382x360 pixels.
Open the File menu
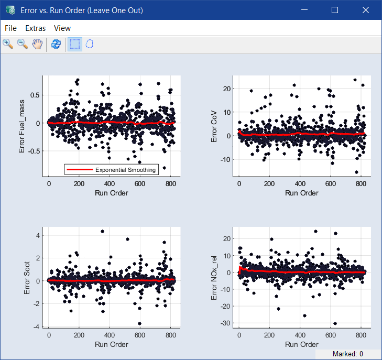(x=10, y=28)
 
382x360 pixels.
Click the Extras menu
(x=35, y=28)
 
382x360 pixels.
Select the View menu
(x=62, y=28)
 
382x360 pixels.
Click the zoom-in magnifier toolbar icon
(x=8, y=44)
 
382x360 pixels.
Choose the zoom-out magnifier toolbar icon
(x=23, y=44)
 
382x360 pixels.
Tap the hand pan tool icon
(x=37, y=44)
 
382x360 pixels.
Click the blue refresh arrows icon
(x=56, y=44)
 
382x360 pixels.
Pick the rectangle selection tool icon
(x=75, y=44)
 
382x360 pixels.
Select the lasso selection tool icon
(x=90, y=44)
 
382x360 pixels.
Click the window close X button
(x=366, y=10)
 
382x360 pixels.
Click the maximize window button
(x=335, y=10)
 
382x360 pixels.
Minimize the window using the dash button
(x=304, y=10)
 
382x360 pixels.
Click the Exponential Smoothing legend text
(x=125, y=169)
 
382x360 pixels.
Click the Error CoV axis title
(x=214, y=127)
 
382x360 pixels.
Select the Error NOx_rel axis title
(x=214, y=277)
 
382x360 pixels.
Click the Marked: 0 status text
(x=348, y=354)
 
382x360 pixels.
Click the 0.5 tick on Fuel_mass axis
(x=34, y=95)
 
